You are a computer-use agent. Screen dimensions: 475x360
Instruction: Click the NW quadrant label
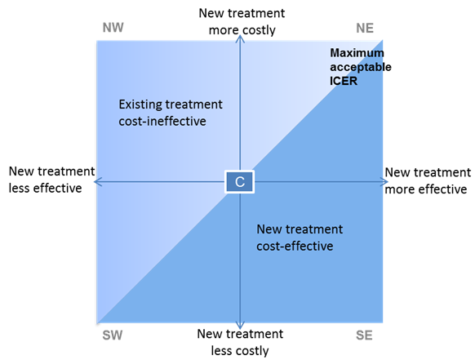pyautogui.click(x=113, y=28)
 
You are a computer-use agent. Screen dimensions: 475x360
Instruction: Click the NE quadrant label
pyautogui.click(x=365, y=29)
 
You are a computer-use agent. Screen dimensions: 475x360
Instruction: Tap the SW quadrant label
pyautogui.click(x=113, y=336)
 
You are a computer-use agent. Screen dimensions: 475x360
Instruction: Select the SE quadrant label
pyautogui.click(x=364, y=336)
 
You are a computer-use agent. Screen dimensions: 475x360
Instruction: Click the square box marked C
pyautogui.click(x=240, y=182)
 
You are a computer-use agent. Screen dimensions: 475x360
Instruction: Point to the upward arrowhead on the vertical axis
pyautogui.click(x=240, y=38)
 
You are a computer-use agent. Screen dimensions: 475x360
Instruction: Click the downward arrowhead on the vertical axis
pyautogui.click(x=240, y=325)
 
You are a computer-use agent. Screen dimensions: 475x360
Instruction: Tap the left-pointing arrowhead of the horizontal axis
pyautogui.click(x=98, y=182)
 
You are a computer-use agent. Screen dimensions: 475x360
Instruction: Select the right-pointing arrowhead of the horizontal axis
pyautogui.click(x=384, y=182)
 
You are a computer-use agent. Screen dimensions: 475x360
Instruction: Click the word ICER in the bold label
pyautogui.click(x=344, y=81)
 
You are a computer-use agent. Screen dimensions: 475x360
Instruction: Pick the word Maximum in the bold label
pyautogui.click(x=357, y=53)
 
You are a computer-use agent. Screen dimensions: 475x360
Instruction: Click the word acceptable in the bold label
pyautogui.click(x=361, y=67)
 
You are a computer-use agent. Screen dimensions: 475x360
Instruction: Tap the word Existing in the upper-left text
pyautogui.click(x=140, y=104)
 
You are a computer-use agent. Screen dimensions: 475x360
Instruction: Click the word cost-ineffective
pyautogui.click(x=162, y=121)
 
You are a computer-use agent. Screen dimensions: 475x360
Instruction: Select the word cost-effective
pyautogui.click(x=295, y=246)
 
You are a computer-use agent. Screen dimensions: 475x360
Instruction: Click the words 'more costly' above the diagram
pyautogui.click(x=242, y=30)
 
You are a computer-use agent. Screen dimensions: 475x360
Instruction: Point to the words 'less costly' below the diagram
pyautogui.click(x=240, y=351)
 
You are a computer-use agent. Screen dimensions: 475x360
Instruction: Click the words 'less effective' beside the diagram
pyautogui.click(x=45, y=189)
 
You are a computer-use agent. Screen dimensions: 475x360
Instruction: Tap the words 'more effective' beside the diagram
pyautogui.click(x=426, y=189)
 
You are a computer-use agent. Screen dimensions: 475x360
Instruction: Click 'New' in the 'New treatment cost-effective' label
pyautogui.click(x=268, y=229)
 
